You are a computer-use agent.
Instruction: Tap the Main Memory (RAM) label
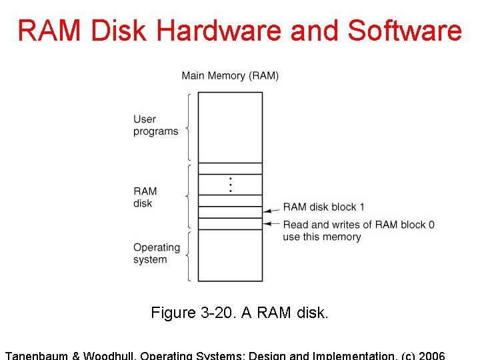coord(230,75)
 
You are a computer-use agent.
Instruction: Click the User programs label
coord(155,125)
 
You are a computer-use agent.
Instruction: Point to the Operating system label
coord(156,253)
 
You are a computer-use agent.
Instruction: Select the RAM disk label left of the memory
coord(145,197)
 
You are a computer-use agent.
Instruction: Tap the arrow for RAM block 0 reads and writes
coord(271,224)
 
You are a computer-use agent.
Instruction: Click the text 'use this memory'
coord(321,237)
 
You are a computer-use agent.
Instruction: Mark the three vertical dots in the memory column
coord(230,185)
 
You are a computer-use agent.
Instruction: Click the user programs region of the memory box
coord(230,127)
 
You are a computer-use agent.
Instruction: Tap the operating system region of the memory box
coord(230,256)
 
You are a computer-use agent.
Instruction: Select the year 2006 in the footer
coord(431,355)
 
